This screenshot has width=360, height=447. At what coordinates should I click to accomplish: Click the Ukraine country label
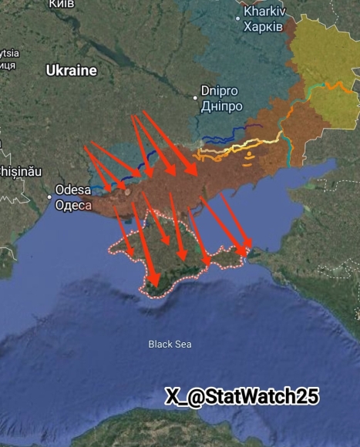tap(71, 70)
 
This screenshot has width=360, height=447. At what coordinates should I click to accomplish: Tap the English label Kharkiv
tap(264, 12)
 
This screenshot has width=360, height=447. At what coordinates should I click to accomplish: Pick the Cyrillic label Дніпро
tap(221, 106)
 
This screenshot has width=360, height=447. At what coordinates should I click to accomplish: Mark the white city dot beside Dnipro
tap(196, 98)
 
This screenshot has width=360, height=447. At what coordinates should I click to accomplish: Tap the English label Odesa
tap(74, 190)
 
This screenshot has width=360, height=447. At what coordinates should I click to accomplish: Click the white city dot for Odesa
tap(50, 197)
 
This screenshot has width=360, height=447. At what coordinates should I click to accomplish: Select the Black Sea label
tap(170, 344)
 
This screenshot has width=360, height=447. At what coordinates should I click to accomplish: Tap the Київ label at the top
tap(62, 5)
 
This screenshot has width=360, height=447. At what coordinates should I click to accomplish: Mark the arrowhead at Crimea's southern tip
tap(154, 283)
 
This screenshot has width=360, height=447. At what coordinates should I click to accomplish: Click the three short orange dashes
tap(251, 159)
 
